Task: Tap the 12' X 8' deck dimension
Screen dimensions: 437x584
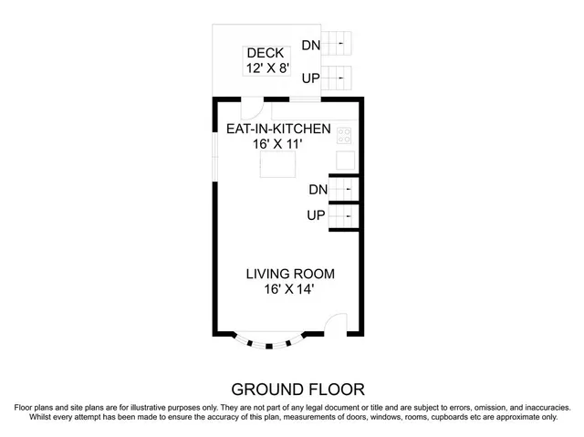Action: [x=266, y=68]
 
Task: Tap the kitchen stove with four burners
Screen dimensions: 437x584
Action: [x=345, y=135]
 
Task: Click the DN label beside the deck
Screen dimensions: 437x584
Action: [x=311, y=44]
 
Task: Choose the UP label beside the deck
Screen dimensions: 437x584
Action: [x=311, y=78]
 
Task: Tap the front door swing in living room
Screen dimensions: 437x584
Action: [x=337, y=325]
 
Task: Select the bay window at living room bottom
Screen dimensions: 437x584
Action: [x=269, y=342]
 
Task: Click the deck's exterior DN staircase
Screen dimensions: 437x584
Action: [x=339, y=42]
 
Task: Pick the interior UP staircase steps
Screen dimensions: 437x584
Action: [x=343, y=217]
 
